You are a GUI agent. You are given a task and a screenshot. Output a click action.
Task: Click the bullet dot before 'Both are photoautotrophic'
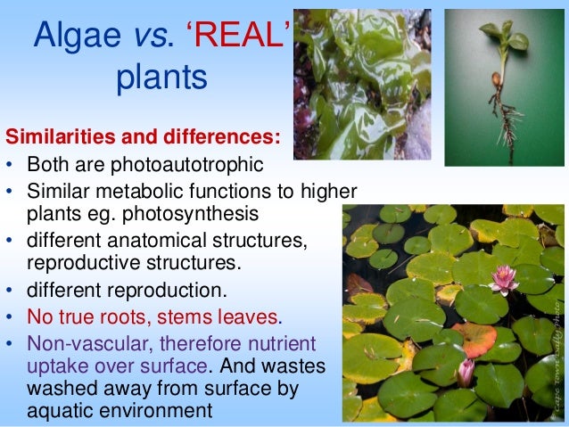coord(11,165)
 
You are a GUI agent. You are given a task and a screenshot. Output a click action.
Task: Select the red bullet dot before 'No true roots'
coord(11,317)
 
